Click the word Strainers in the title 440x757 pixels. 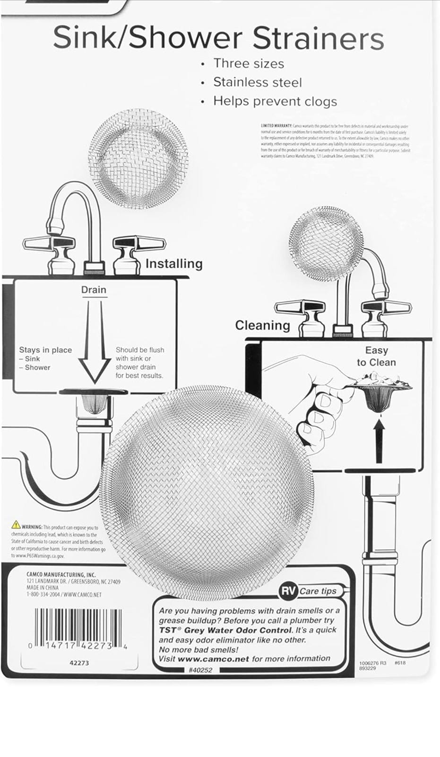[318, 38]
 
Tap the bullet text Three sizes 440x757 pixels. [249, 63]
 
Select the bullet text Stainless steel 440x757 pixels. [257, 82]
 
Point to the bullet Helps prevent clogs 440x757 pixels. [275, 101]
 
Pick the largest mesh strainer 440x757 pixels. [207, 493]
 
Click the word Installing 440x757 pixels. [173, 264]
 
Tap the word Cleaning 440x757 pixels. [262, 325]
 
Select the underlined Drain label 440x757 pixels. [94, 290]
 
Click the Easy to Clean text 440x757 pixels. [376, 356]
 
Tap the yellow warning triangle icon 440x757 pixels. [16, 525]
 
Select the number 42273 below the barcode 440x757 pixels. [79, 663]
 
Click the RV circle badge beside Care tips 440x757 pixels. [288, 590]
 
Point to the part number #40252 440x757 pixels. [200, 670]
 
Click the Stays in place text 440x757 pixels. [45, 350]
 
